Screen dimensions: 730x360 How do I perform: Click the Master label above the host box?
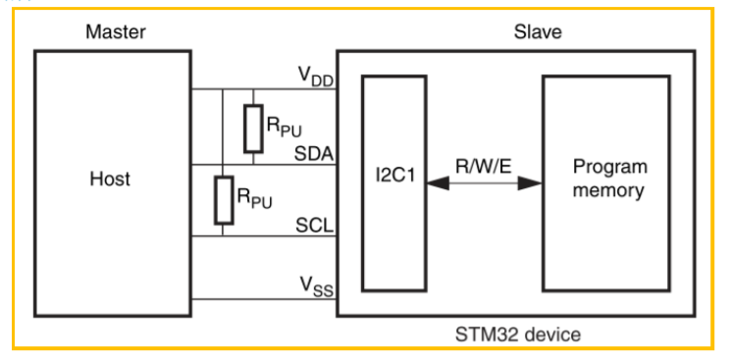[116, 32]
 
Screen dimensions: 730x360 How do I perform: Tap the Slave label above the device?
[538, 32]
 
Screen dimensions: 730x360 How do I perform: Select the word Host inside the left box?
[110, 179]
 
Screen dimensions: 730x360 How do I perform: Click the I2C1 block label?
[393, 177]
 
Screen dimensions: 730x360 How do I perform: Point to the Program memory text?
[610, 179]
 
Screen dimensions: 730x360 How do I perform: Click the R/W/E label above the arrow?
[484, 166]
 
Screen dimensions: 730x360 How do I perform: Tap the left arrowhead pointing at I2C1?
[438, 183]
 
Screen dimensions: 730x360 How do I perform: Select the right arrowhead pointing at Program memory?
[531, 183]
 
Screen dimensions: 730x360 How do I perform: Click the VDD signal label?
[316, 77]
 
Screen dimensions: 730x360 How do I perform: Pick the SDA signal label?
[314, 154]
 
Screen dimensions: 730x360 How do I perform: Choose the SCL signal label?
[314, 226]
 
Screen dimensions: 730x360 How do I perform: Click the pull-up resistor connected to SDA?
[253, 129]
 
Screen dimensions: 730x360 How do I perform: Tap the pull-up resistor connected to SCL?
[223, 200]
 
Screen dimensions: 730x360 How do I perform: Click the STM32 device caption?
[518, 334]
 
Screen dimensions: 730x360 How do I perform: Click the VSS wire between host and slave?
[264, 299]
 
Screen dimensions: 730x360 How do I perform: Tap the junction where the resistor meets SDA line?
[253, 165]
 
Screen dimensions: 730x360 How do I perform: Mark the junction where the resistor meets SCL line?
[223, 236]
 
